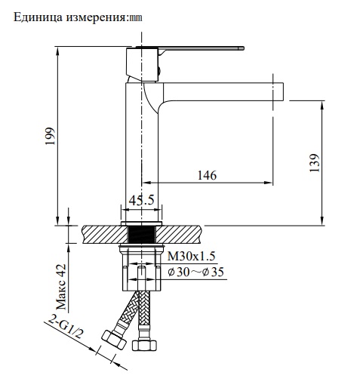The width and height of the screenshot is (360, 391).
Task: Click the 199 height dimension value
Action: (x=51, y=137)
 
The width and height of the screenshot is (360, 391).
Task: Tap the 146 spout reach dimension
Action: (x=207, y=175)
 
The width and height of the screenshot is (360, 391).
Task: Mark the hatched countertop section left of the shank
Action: (x=103, y=233)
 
